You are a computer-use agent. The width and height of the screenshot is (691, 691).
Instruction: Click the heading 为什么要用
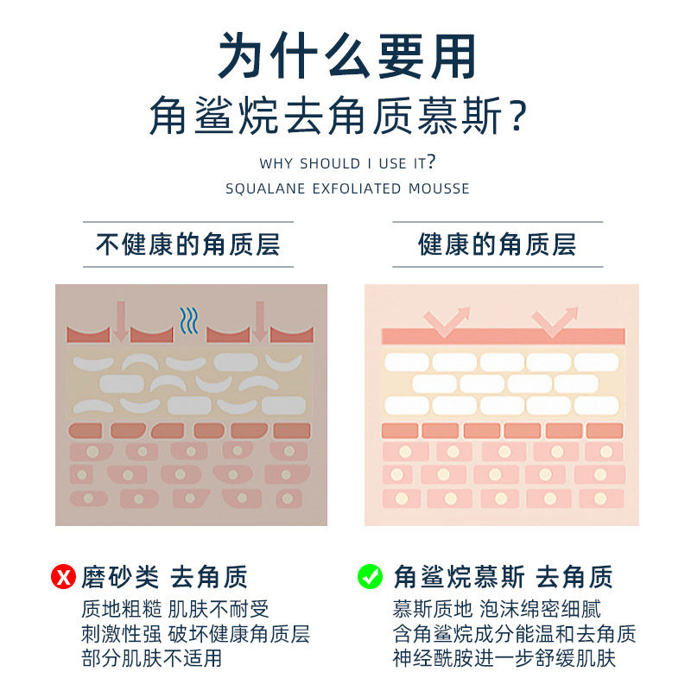(345, 57)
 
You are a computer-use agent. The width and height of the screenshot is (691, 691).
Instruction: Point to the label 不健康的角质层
(187, 244)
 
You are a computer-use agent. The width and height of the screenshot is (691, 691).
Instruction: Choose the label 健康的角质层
(498, 244)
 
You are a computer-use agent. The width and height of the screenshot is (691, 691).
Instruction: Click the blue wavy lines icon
(188, 319)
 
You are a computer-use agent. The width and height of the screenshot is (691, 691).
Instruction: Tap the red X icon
(65, 576)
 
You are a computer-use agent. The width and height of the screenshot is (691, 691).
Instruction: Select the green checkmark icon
(370, 576)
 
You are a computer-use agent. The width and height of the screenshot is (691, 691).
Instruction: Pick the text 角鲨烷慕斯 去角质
(503, 576)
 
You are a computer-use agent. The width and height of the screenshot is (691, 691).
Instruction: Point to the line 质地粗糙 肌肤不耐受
(174, 609)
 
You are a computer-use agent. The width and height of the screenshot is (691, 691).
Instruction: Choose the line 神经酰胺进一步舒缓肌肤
(504, 658)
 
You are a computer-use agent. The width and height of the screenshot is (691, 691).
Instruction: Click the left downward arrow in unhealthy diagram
(120, 320)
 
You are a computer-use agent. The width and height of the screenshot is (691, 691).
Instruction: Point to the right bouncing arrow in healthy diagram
(555, 321)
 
